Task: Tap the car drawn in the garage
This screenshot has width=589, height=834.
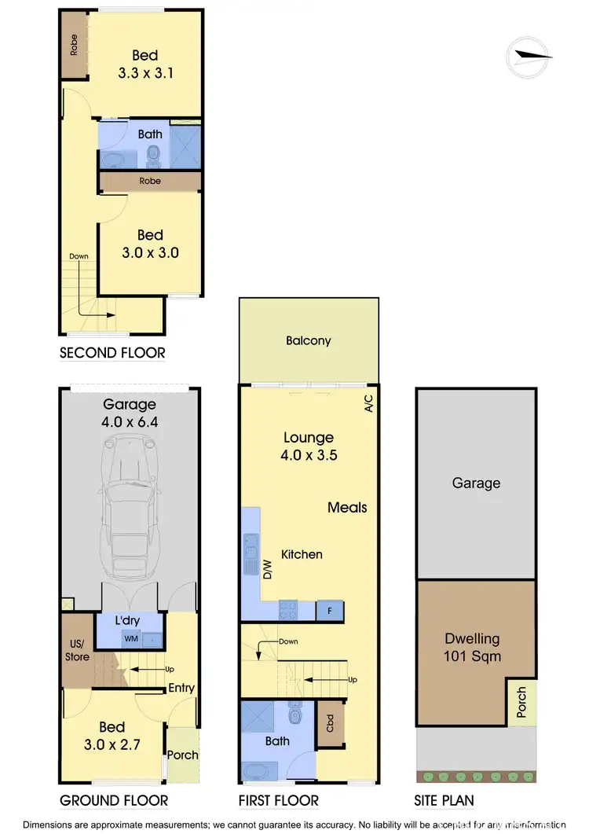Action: (x=128, y=509)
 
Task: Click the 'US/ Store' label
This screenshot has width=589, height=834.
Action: (x=77, y=650)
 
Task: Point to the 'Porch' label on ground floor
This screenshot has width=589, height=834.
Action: (x=183, y=755)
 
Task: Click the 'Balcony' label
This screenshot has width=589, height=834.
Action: (x=309, y=341)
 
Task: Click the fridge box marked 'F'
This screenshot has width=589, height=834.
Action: (x=328, y=610)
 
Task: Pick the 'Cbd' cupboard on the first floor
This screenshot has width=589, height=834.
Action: (x=330, y=722)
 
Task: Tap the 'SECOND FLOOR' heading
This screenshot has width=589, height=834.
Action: (x=112, y=353)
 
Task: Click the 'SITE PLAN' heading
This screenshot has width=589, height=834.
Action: (x=444, y=801)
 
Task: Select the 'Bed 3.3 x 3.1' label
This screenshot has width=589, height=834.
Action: (x=145, y=64)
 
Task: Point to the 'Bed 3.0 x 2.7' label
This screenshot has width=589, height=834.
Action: (x=113, y=736)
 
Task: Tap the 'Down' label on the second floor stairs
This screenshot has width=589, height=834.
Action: (x=79, y=256)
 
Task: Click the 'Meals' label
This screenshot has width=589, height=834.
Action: (x=347, y=508)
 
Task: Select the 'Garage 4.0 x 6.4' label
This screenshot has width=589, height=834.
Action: (x=130, y=413)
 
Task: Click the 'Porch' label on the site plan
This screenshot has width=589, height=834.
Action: (x=521, y=702)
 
